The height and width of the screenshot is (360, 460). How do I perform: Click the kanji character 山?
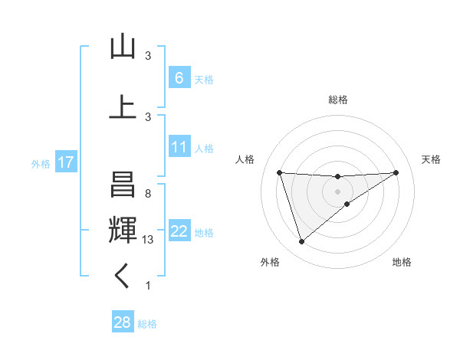123,47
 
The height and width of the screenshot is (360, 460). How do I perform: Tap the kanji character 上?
123,106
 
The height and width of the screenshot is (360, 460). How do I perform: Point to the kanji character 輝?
123,231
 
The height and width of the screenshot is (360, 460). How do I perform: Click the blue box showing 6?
179,78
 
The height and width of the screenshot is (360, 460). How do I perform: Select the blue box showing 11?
179,147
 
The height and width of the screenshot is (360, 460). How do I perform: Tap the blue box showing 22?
179,231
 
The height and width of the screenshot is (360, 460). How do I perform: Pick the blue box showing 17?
65,162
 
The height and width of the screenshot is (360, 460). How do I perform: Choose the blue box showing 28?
122,322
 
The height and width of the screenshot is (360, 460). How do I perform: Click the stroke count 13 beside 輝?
149,240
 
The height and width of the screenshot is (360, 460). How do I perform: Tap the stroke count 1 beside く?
148,286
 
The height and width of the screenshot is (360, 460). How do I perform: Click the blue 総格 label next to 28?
147,324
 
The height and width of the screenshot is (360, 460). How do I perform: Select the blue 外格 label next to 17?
41,163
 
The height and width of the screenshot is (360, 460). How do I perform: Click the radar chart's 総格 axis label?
338,100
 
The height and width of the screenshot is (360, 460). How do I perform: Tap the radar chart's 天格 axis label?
432,159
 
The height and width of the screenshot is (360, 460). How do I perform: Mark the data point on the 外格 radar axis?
301,242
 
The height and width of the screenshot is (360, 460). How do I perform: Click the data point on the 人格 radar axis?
280,172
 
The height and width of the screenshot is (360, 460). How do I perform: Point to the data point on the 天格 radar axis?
396,172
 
